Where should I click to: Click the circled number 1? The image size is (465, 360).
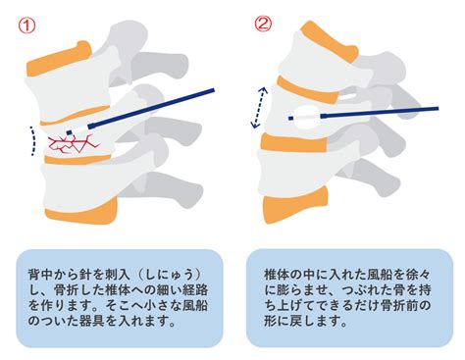26,26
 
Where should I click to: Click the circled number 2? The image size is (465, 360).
263,24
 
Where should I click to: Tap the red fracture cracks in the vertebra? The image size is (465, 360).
74,144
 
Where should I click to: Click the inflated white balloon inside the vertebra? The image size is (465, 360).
306,118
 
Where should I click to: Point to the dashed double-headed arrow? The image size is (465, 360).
259,107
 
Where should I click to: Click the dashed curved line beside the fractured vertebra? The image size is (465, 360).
34,140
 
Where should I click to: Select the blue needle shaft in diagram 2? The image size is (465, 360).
380,112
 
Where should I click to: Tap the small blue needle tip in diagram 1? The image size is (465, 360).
69,132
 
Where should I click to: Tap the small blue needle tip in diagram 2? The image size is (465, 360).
290,118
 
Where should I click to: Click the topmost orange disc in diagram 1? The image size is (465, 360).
59,60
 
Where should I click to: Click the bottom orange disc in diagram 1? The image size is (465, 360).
81,211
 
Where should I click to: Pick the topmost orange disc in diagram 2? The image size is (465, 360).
327,41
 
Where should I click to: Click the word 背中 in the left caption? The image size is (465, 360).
40,275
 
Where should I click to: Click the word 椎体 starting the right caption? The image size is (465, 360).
277,275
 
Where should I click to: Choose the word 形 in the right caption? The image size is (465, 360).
271,321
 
